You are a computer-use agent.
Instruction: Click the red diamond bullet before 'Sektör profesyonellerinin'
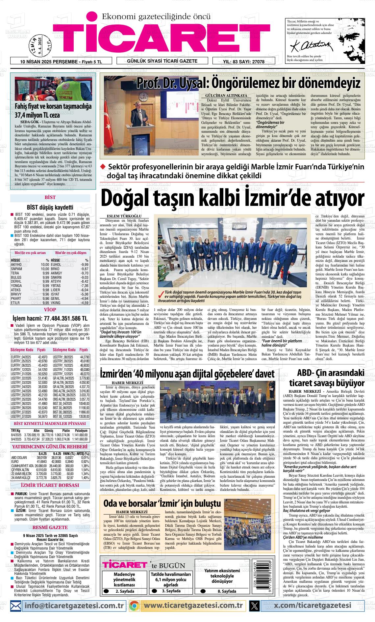point(103,167)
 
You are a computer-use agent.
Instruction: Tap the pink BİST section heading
point(50,198)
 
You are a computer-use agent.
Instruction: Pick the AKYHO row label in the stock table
point(16,264)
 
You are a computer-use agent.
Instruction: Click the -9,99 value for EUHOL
point(84,264)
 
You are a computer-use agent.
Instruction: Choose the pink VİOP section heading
point(50,310)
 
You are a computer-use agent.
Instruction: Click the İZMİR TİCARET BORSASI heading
point(50,485)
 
